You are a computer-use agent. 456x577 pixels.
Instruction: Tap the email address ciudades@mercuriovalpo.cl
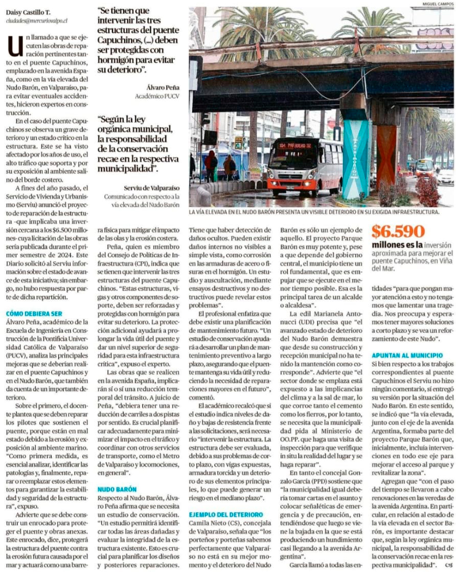tap(37, 20)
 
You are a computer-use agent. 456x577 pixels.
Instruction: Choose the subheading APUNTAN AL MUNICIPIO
tap(407, 355)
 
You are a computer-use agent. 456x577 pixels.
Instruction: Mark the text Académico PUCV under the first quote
tap(157, 96)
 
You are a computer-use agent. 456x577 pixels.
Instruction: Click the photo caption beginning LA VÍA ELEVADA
tap(313, 211)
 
